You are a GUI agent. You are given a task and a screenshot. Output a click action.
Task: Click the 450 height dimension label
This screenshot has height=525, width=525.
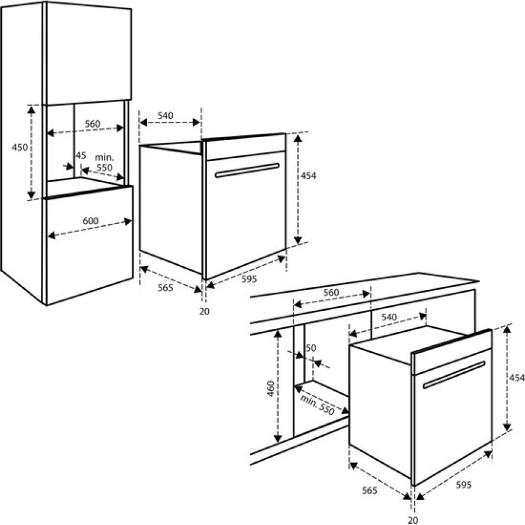point(20,147)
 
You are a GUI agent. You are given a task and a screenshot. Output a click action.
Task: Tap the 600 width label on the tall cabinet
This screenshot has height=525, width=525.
point(90,221)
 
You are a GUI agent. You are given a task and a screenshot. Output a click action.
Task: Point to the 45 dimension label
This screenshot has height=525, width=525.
point(80,155)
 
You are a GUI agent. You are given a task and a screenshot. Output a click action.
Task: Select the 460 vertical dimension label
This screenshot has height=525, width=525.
point(271,388)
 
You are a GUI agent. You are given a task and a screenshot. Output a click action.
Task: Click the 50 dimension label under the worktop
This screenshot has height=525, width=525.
point(311,348)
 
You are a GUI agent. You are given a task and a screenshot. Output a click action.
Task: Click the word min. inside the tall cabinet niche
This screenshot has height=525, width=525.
point(104,157)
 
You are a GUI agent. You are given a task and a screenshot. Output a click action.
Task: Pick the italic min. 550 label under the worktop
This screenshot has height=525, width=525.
point(317,404)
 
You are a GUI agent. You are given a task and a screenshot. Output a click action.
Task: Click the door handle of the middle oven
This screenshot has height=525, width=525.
point(247,170)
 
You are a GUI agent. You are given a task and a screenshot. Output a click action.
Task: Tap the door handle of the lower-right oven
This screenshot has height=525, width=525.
point(454,374)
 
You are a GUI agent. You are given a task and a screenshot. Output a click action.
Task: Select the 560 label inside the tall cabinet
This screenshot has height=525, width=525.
point(92,124)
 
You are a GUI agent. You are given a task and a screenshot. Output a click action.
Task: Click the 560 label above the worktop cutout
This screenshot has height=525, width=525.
point(331,292)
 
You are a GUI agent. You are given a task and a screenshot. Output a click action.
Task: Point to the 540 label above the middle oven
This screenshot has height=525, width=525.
point(166,116)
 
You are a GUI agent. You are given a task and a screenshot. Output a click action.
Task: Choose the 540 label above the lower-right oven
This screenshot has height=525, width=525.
point(388,317)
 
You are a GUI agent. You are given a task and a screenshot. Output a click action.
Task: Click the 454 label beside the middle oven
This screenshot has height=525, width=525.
point(308,176)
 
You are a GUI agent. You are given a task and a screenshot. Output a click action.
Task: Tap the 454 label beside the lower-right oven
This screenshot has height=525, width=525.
point(517,377)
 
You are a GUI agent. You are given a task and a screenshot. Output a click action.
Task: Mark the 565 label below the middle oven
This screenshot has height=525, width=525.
point(166,288)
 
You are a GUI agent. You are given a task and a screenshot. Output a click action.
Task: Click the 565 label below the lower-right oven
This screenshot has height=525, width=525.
point(370,491)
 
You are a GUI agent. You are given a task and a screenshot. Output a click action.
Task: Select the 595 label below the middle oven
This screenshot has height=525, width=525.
point(249,279)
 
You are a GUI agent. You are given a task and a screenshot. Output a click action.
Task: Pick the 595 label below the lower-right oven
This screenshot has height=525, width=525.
point(463,485)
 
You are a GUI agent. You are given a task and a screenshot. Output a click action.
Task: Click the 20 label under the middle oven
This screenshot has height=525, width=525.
point(204,311)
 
